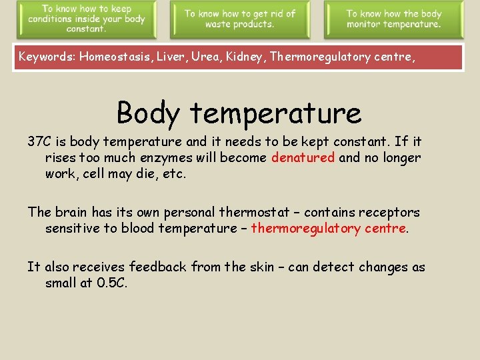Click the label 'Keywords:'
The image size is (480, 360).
[x=47, y=57]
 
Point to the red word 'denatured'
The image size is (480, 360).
[x=303, y=158]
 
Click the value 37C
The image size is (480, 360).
[x=39, y=141]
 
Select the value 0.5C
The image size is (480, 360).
[x=111, y=283]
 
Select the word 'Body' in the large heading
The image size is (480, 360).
[x=148, y=113]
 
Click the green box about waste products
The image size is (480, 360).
[x=239, y=19]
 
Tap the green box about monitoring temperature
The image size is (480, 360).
[x=393, y=19]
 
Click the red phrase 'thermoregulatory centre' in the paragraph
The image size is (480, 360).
[x=328, y=229]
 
